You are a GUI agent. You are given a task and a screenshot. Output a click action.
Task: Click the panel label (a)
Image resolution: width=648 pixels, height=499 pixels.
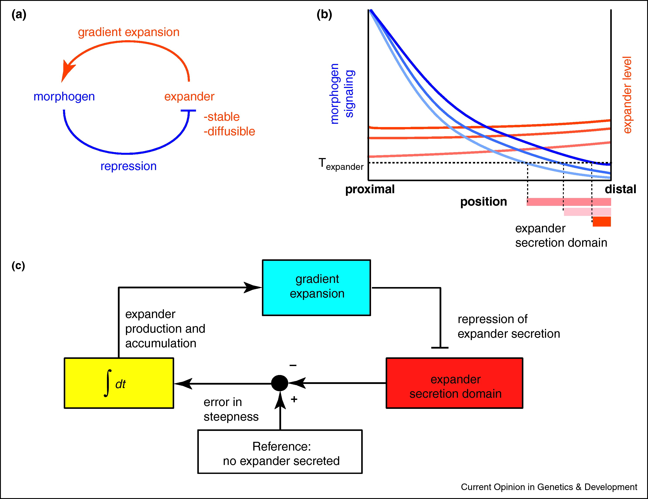coord(19,15)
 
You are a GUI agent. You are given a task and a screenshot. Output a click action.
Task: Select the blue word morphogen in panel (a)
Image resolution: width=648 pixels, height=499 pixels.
coord(64,97)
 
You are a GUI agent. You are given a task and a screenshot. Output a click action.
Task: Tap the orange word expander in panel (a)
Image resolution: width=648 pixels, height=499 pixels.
coord(189,97)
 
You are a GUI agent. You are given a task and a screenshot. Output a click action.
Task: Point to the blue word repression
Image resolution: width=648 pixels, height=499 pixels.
coord(129,166)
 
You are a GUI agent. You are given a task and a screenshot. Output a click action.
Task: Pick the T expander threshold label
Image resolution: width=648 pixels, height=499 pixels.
coord(341,164)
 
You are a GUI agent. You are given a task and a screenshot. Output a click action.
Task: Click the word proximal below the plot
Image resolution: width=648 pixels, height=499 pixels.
coord(370,189)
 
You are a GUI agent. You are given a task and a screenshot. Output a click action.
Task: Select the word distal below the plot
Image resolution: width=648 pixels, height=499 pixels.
coord(620,189)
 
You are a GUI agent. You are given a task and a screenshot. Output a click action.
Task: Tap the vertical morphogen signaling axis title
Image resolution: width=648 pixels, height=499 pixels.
coord(342,93)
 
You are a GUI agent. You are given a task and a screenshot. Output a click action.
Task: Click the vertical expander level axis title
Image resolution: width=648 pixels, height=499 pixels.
coord(627,95)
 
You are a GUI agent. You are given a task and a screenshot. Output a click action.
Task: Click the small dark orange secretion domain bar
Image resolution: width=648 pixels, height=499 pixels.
coord(602,222)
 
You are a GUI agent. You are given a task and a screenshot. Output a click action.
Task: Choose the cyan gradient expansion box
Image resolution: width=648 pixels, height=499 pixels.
coord(316,287)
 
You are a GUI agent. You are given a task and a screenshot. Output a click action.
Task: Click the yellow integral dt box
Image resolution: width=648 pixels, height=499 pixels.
coord(119,383)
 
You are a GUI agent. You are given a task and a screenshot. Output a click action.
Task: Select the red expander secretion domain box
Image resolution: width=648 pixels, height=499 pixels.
coord(454,383)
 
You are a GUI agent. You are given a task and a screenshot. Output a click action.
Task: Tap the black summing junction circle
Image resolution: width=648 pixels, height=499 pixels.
coord(280,383)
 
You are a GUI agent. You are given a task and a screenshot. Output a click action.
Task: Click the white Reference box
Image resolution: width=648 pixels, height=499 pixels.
coord(280,452)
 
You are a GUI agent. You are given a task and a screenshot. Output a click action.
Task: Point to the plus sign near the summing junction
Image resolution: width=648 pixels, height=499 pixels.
coord(294,399)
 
